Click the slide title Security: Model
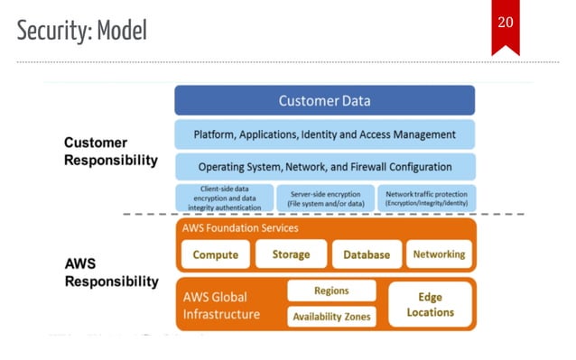click(81, 31)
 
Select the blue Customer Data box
click(324, 100)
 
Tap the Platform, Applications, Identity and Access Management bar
click(324, 134)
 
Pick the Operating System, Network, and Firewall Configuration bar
click(324, 166)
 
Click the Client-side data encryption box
click(224, 198)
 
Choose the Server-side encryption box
click(324, 198)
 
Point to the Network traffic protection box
click(425, 198)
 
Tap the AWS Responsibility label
click(110, 272)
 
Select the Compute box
click(216, 254)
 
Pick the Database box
click(367, 254)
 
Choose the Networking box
click(439, 254)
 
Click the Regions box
click(331, 291)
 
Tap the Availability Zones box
click(331, 317)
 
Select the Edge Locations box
click(430, 304)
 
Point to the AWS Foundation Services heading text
click(240, 228)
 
